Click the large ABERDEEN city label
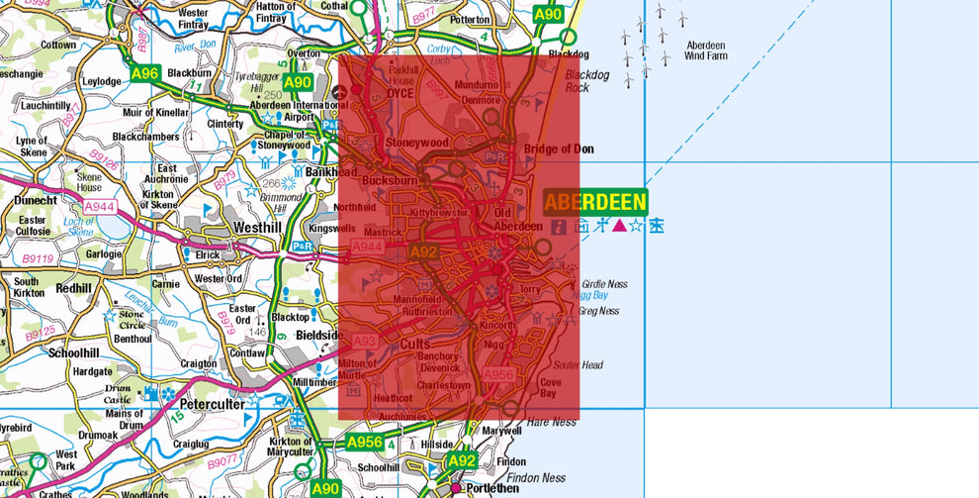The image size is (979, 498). (x=595, y=203)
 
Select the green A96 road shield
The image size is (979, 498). (x=144, y=72)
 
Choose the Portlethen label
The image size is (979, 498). (x=495, y=488)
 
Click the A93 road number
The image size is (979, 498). (x=366, y=341)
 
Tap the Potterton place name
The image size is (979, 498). (x=469, y=19)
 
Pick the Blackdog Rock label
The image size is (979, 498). (x=587, y=80)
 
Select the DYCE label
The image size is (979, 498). (x=401, y=94)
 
